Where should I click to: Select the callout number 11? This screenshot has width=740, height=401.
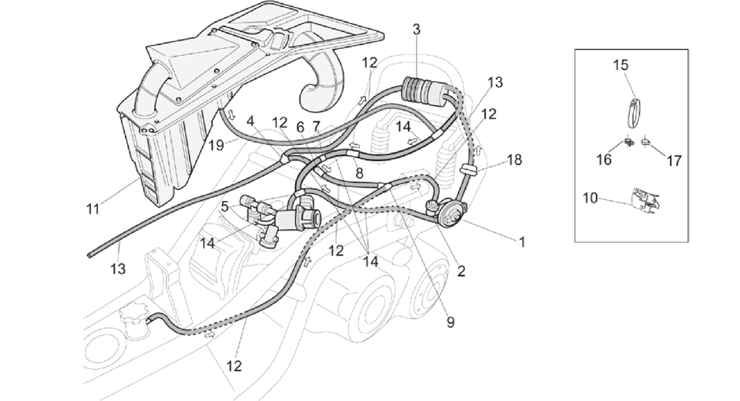(x=93, y=209)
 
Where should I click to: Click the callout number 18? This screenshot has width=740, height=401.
(x=514, y=159)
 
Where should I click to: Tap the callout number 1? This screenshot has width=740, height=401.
(x=522, y=242)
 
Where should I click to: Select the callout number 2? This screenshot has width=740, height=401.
(x=461, y=271)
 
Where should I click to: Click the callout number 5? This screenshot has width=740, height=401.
(x=225, y=207)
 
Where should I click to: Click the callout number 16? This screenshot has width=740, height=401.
(x=604, y=160)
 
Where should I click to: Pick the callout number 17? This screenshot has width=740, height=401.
(x=674, y=160)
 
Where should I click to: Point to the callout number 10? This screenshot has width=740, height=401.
(x=590, y=198)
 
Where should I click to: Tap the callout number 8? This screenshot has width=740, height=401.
(x=359, y=173)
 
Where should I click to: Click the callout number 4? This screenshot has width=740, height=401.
(x=251, y=121)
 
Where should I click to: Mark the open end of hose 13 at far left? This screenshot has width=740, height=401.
(x=89, y=255)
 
